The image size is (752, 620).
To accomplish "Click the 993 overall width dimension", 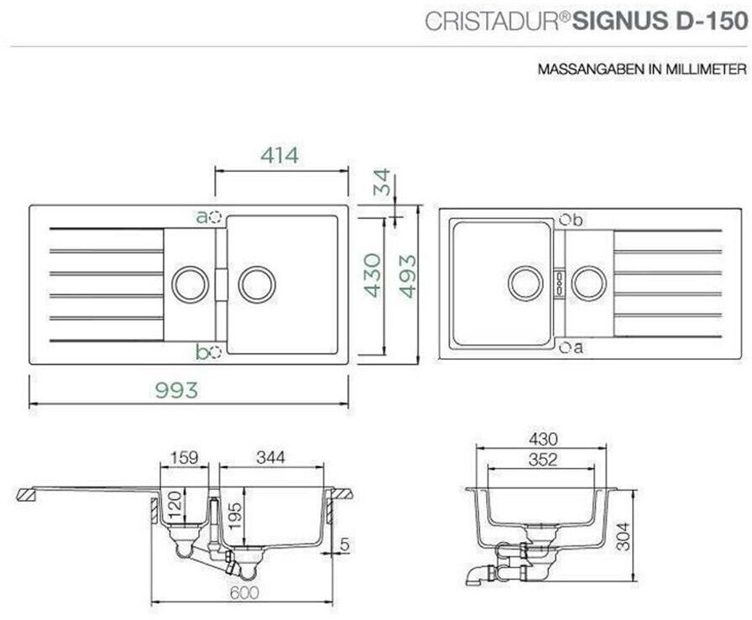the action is pyautogui.click(x=176, y=390).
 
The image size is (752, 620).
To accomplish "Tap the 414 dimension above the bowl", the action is pyautogui.click(x=279, y=155).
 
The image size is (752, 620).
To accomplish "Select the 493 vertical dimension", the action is pyautogui.click(x=408, y=276).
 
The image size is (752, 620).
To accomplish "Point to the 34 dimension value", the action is pyautogui.click(x=382, y=182).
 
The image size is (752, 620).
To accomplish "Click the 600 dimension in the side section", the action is pyautogui.click(x=244, y=592).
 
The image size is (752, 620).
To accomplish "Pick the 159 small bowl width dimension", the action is pyautogui.click(x=184, y=457).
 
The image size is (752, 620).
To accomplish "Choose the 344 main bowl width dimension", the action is pyautogui.click(x=270, y=457).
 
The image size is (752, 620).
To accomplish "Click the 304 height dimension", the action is pyautogui.click(x=623, y=537).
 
